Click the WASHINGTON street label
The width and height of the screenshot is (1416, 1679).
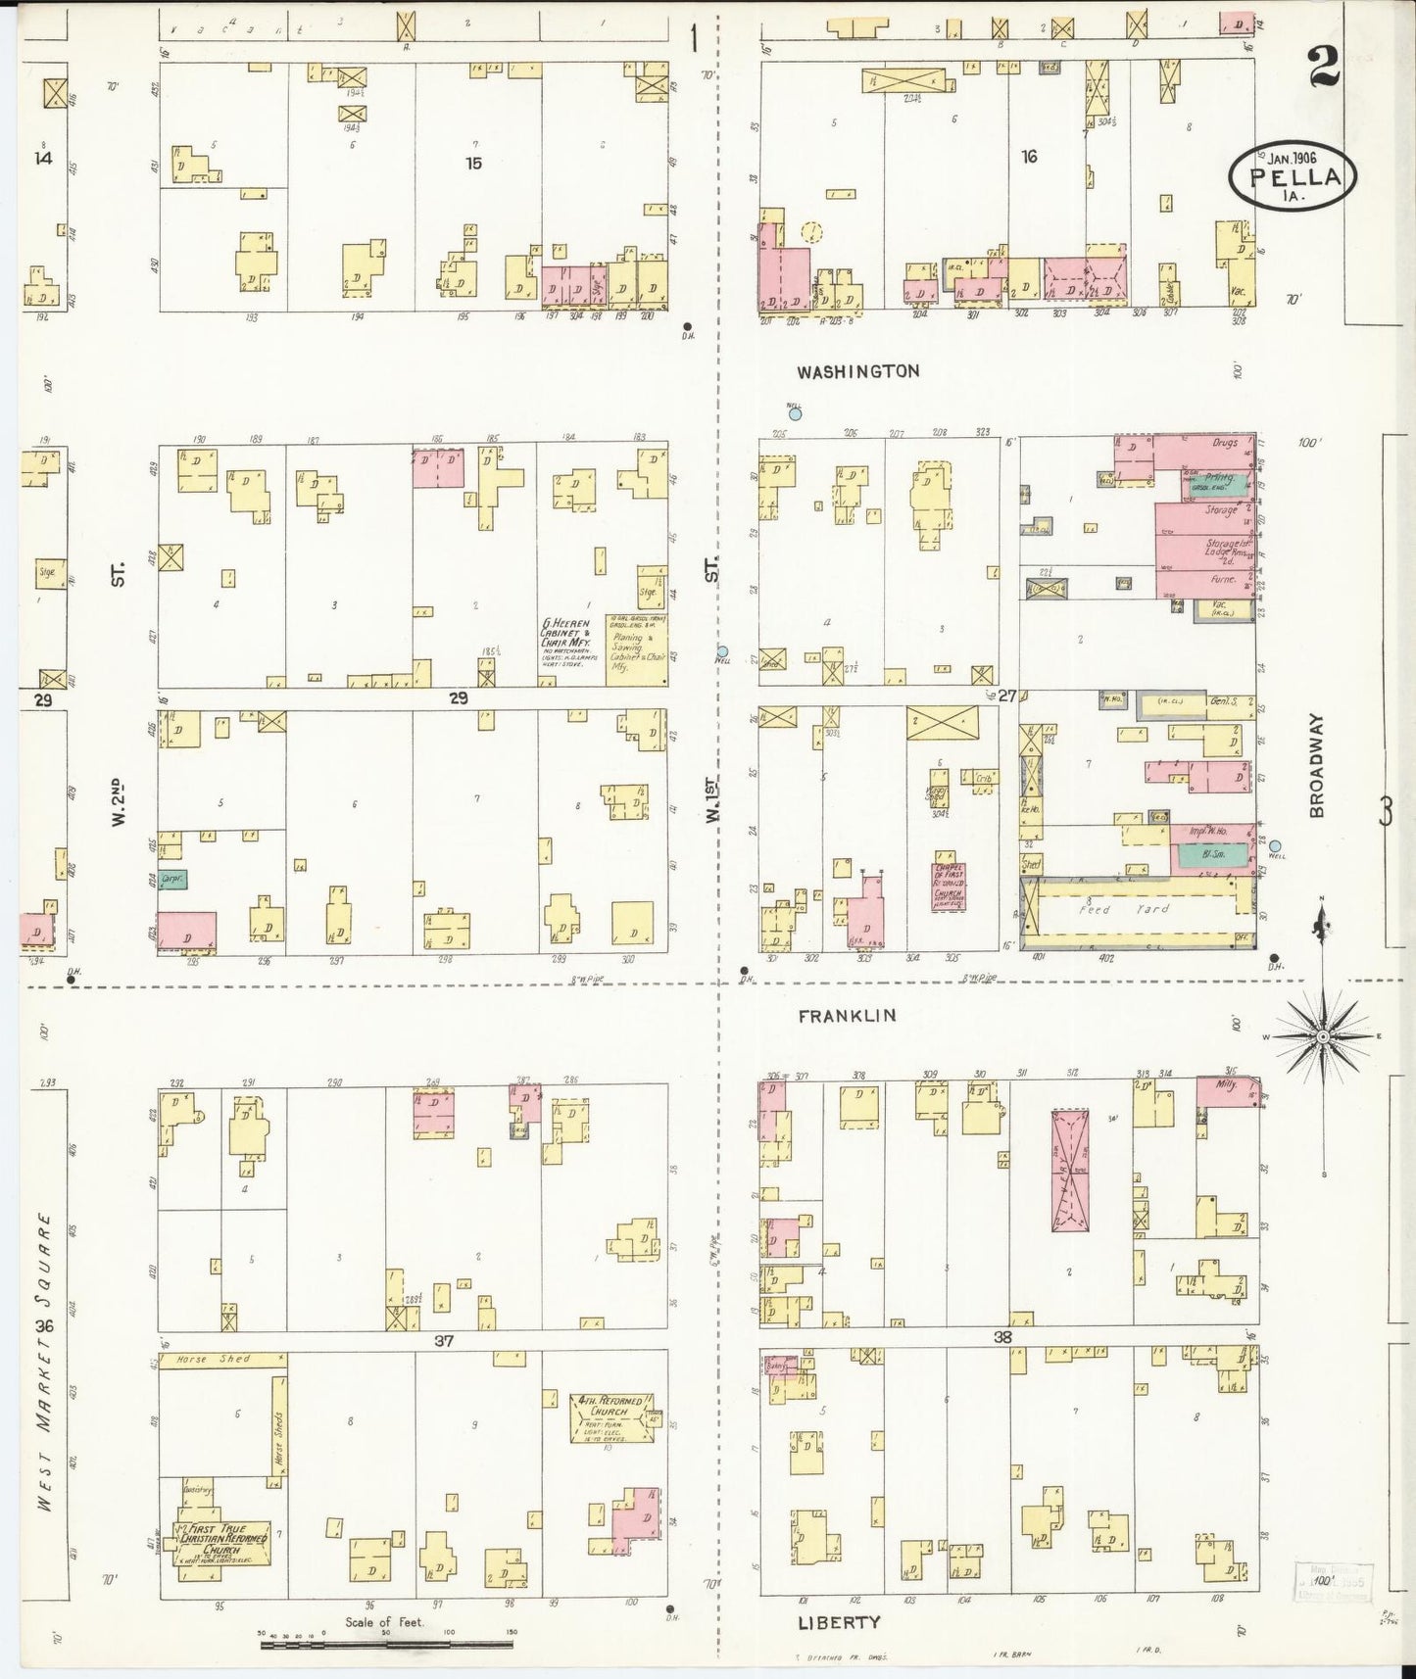click(x=857, y=372)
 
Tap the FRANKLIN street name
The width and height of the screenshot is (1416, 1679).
click(x=847, y=1016)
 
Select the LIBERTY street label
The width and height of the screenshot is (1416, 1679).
click(x=838, y=1622)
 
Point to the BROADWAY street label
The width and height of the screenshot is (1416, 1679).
click(x=1316, y=765)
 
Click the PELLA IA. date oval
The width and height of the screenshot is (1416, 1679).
click(x=1293, y=176)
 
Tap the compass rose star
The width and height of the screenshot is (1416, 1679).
click(x=1322, y=1035)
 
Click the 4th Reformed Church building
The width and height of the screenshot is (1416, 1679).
click(x=611, y=1418)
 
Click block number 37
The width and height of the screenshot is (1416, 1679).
click(x=443, y=1340)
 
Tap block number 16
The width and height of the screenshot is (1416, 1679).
click(x=1028, y=156)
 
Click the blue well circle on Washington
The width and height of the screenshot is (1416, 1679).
click(x=795, y=414)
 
